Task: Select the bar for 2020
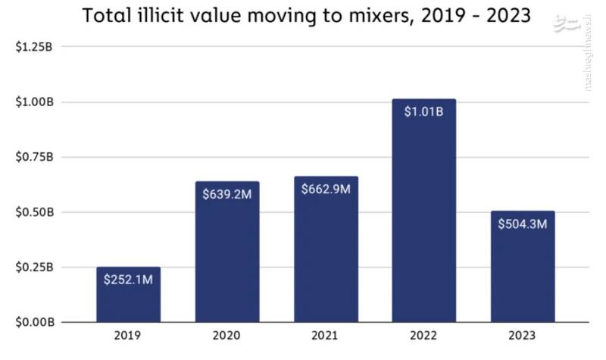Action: point(227,258)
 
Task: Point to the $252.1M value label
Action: point(128,280)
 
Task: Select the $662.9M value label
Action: point(326,188)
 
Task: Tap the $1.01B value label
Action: point(423,111)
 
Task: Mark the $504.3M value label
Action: point(522,224)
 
